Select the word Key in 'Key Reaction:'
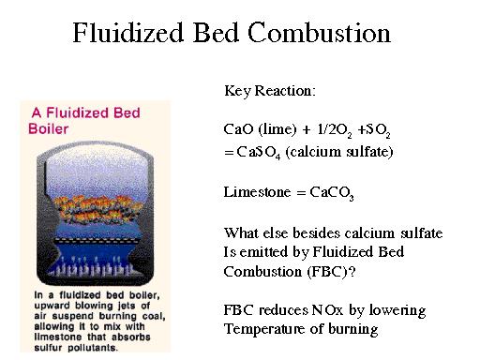(236, 92)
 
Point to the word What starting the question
(241, 232)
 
